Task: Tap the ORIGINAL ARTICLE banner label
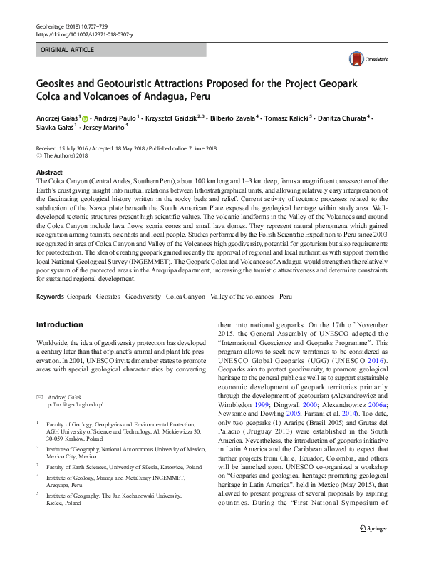tap(68, 51)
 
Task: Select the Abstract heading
tap(50, 173)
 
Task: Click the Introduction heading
tap(59, 325)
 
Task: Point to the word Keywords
tap(51, 295)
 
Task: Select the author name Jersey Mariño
tap(104, 127)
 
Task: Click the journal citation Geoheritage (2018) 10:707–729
tap(68, 26)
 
